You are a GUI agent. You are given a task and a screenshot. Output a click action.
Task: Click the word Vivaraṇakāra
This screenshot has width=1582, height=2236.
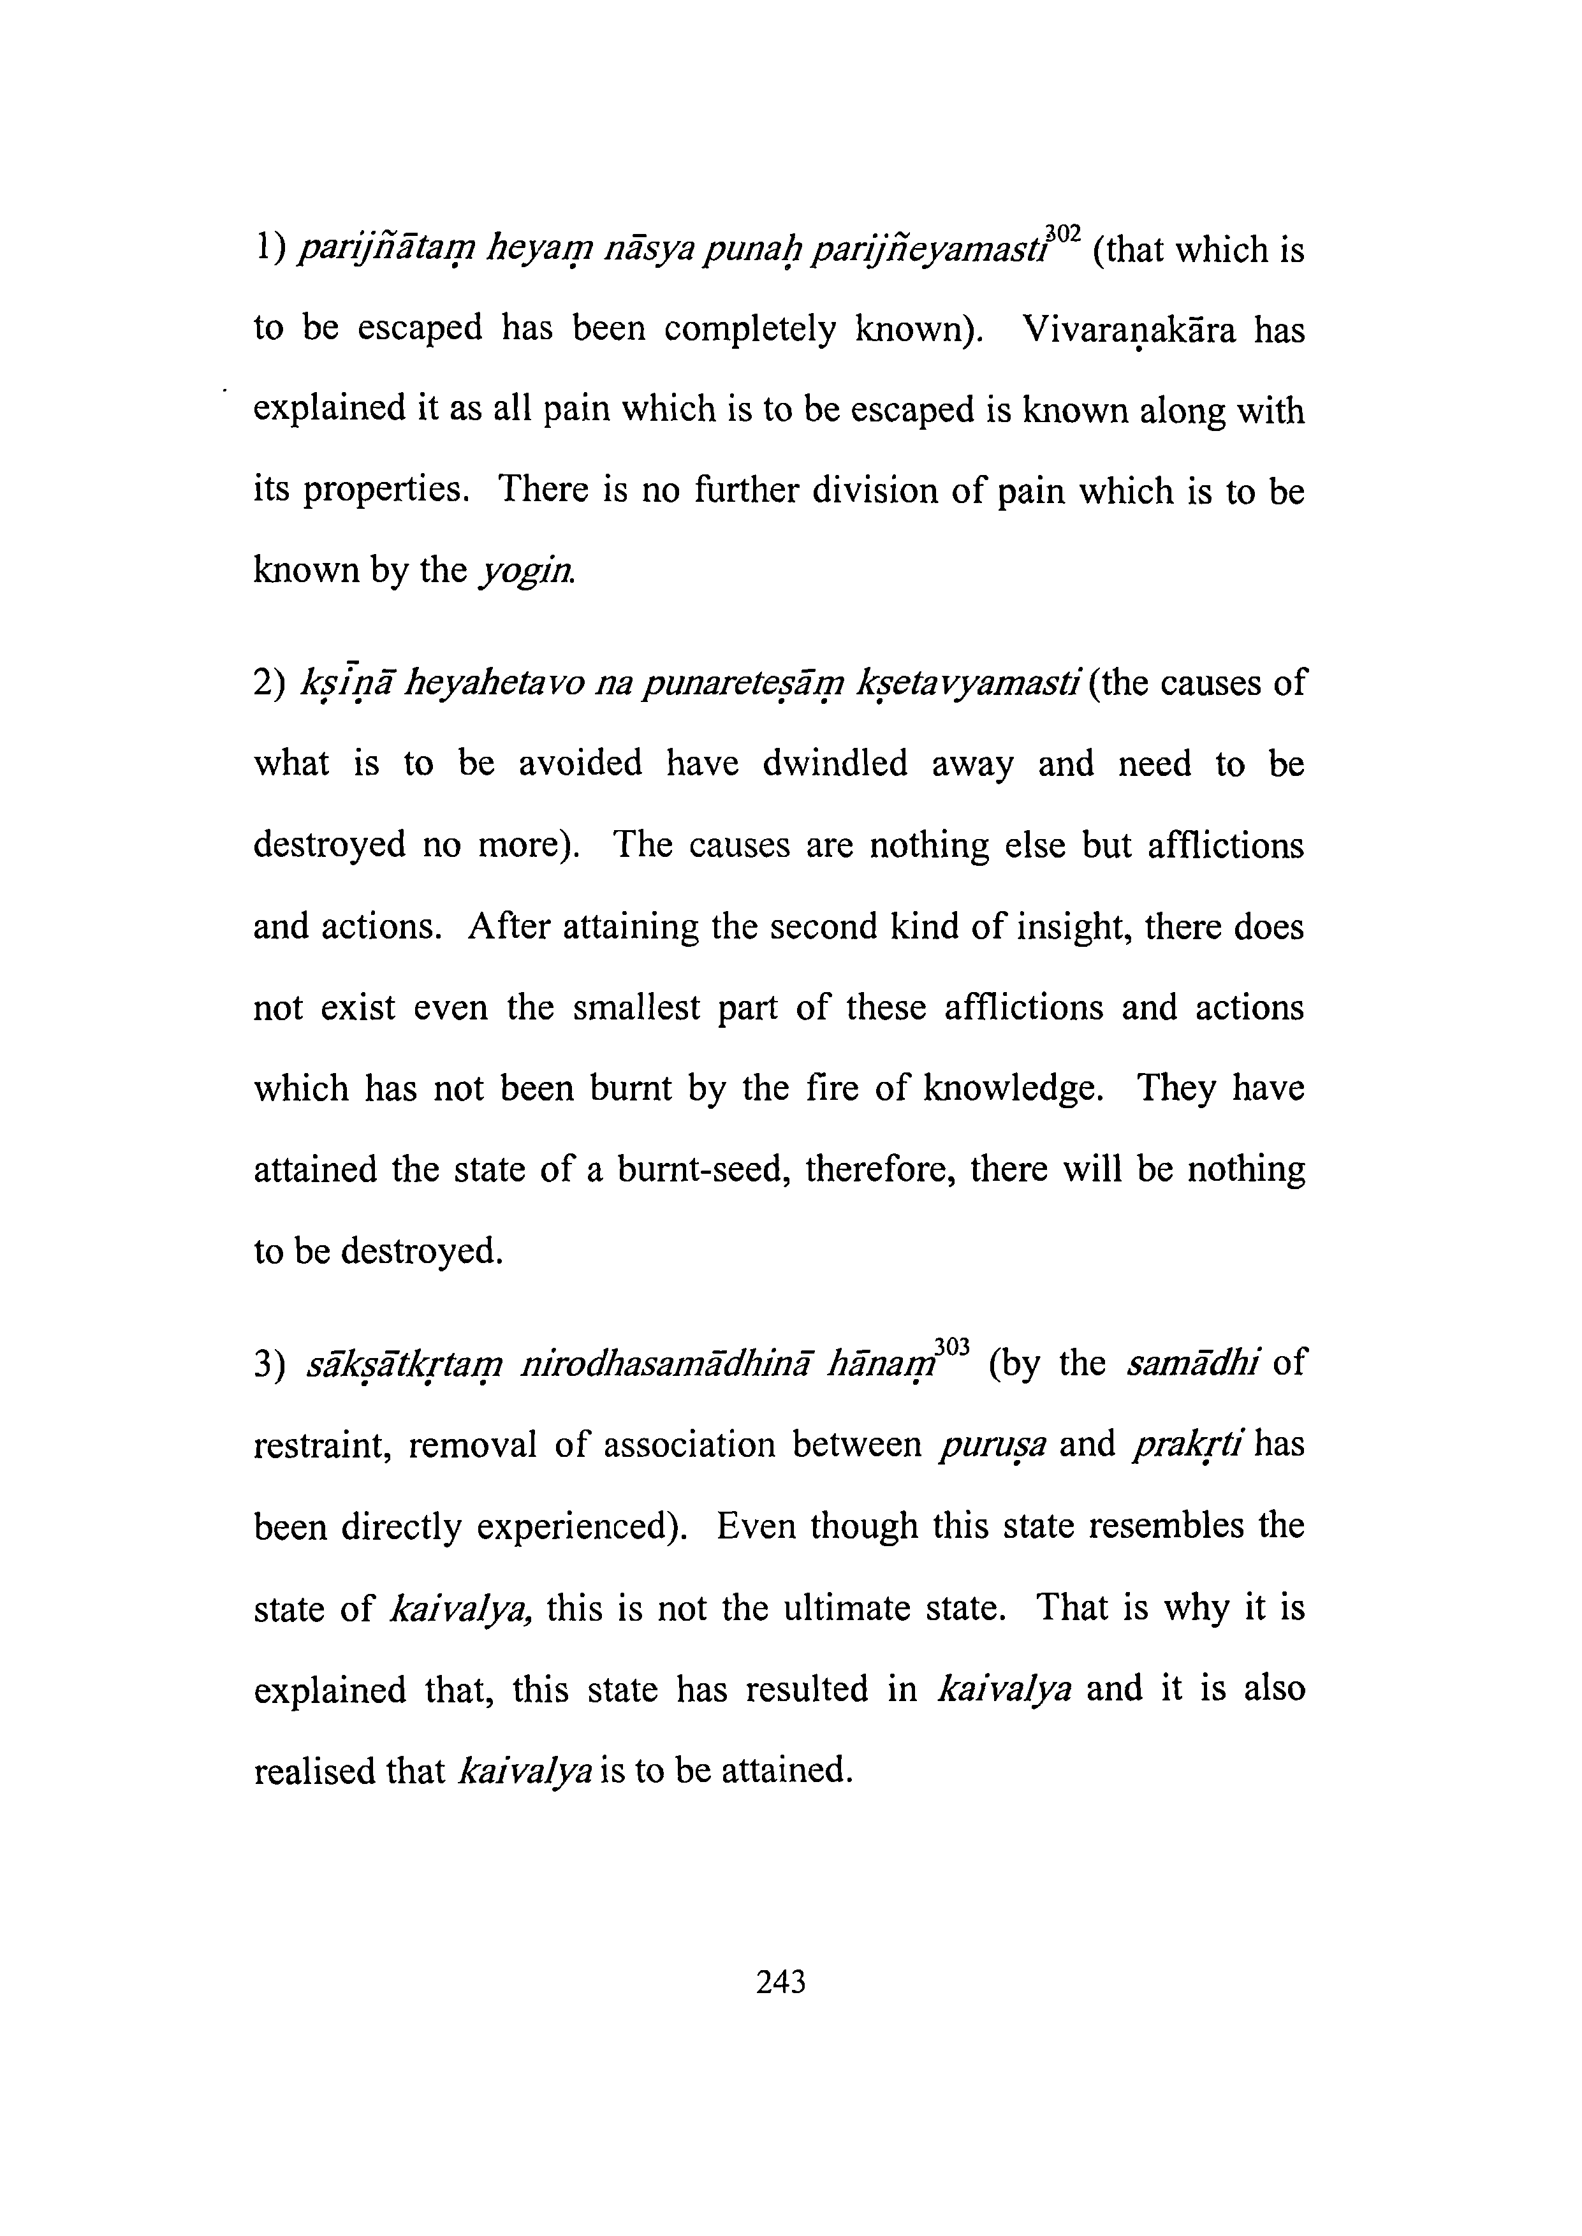1130,331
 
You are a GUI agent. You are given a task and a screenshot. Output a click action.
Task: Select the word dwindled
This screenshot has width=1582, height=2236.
835,764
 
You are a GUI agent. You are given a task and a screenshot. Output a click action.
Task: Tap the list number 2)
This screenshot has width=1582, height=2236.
268,683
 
